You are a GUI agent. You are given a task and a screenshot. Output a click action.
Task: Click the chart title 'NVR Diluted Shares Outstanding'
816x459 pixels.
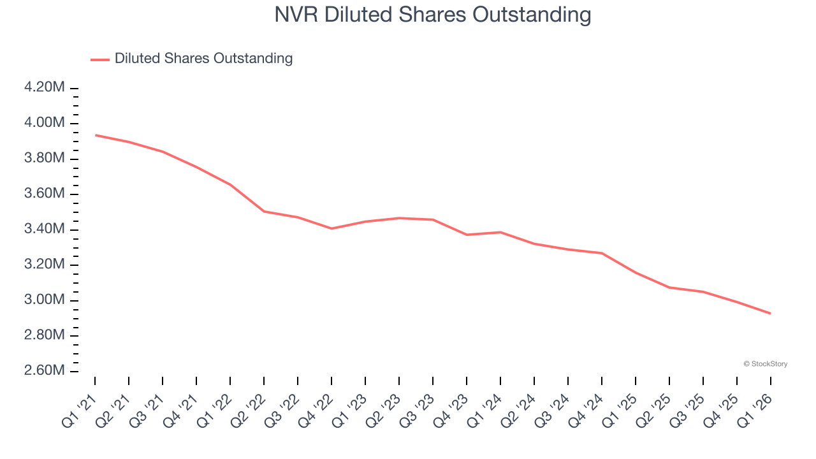(x=433, y=14)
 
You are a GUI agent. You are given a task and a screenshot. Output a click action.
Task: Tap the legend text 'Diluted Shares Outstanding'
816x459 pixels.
(x=203, y=59)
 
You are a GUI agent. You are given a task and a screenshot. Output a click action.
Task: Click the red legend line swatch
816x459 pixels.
(x=100, y=59)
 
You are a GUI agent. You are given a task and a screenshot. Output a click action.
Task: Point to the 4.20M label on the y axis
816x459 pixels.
(x=44, y=87)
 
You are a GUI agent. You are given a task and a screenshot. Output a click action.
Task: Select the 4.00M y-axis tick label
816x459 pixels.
(x=44, y=122)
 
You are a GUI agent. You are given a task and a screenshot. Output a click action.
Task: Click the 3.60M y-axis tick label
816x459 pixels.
(x=44, y=193)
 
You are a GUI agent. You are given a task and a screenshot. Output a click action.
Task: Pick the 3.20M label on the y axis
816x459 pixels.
(x=44, y=264)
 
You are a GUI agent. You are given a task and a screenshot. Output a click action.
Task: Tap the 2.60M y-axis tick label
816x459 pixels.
(x=44, y=370)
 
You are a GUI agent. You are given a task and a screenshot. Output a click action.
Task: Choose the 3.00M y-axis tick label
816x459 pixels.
(x=44, y=300)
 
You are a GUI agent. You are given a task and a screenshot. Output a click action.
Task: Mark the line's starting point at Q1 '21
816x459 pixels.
(x=95, y=135)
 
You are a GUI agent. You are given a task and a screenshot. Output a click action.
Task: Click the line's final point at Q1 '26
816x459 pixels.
(x=771, y=314)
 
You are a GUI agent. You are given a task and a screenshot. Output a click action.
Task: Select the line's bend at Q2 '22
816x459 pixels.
(x=264, y=211)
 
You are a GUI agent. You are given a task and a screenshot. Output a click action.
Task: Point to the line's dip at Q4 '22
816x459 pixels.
(x=331, y=228)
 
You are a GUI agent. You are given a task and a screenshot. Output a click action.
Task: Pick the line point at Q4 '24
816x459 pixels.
(x=602, y=253)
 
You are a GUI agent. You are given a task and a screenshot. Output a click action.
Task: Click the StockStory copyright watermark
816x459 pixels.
(x=765, y=364)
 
